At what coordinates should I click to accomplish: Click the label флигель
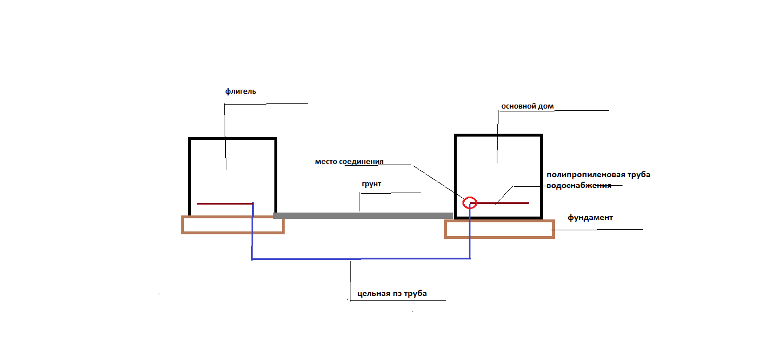coord(241,91)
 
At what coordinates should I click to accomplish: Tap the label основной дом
coord(528,106)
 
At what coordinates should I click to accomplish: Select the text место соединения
coord(349,162)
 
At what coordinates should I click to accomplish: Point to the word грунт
coord(372,185)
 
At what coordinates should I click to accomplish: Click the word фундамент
coord(590,218)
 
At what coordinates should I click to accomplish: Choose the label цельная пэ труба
coord(392,293)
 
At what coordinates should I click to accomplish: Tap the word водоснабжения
coord(579,185)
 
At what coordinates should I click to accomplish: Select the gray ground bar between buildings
coord(363,215)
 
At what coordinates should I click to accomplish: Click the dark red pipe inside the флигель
coord(225,203)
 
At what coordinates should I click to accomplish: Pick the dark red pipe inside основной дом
coord(500,203)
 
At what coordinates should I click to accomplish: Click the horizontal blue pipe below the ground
coord(361,259)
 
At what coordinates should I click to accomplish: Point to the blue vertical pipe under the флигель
coord(253,231)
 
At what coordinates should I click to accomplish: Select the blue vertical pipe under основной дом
coord(470,231)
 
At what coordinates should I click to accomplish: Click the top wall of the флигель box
coord(233,138)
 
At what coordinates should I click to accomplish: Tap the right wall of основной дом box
coord(541,176)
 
